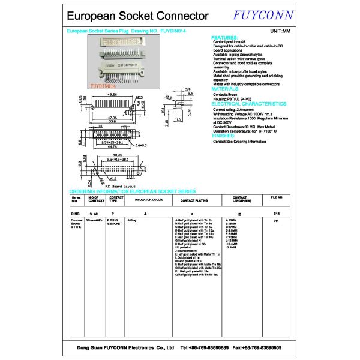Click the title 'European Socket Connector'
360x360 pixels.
[x=137, y=16]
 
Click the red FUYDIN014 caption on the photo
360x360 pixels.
[x=106, y=86]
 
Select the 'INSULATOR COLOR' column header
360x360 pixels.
[x=149, y=199]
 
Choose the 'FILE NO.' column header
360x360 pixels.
[x=277, y=197]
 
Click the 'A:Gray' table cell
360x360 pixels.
[x=133, y=221]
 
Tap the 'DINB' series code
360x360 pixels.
[x=75, y=213]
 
